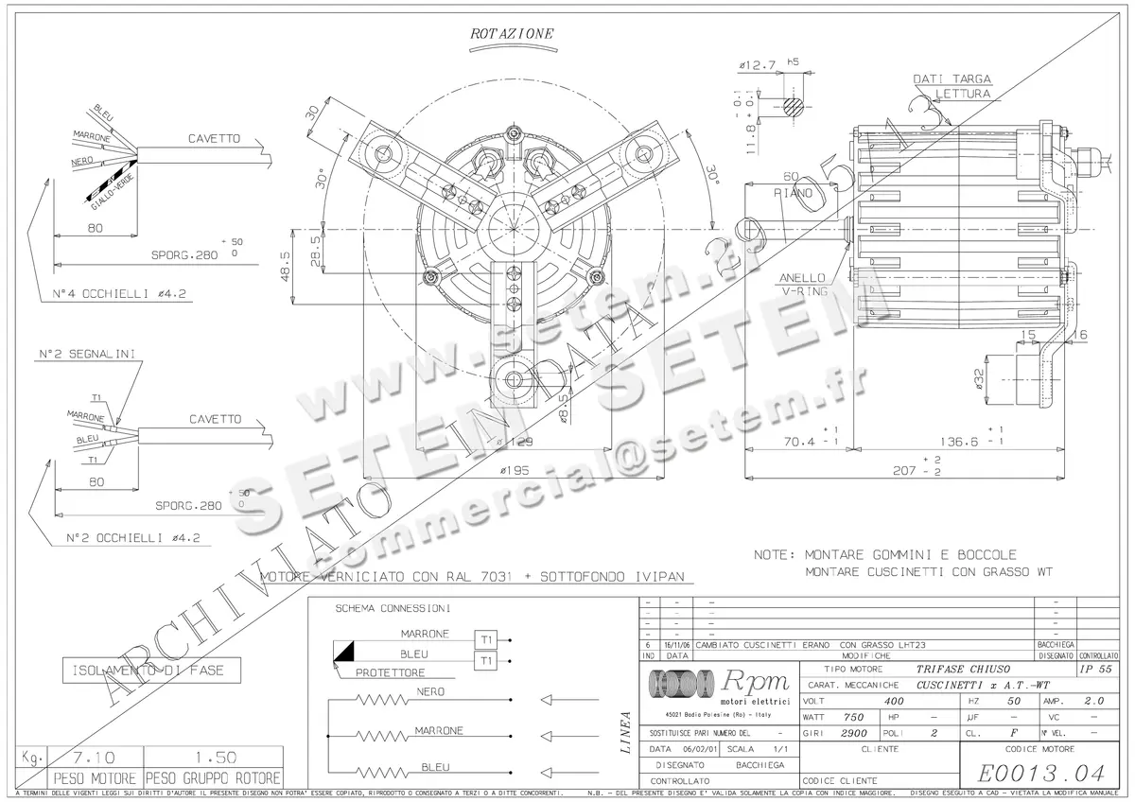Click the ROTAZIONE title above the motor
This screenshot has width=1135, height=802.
tap(512, 33)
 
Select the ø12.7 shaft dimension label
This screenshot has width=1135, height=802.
tap(757, 65)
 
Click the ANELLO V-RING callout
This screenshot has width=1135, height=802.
tap(802, 285)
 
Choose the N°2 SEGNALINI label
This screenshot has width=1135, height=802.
tap(86, 355)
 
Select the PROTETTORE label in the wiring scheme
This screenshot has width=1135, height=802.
tap(390, 672)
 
